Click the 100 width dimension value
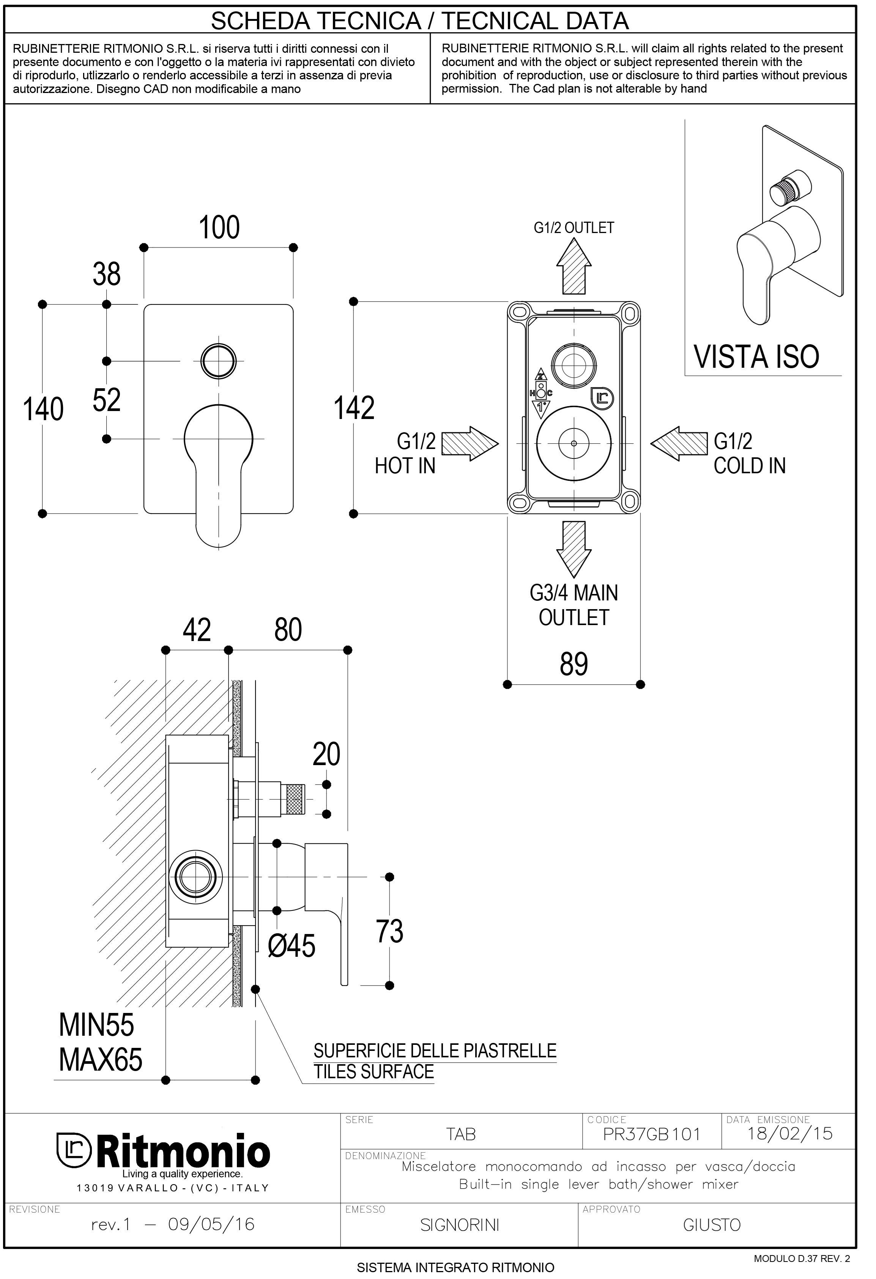point(219,228)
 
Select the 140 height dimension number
point(43,410)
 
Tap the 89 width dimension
point(574,664)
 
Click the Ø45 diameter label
point(291,946)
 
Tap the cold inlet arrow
point(679,443)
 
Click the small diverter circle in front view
point(219,361)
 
